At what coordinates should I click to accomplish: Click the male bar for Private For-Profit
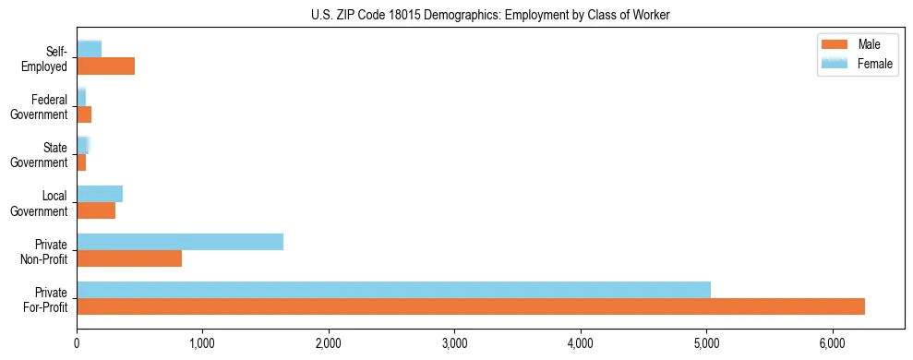point(471,306)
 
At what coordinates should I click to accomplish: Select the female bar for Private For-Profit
point(393,290)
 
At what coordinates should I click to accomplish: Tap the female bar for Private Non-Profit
point(180,242)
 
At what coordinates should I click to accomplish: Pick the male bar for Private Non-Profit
point(129,258)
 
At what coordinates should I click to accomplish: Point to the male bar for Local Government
point(96,210)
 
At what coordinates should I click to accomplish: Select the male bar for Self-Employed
point(105,66)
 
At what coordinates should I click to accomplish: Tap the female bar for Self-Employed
point(89,49)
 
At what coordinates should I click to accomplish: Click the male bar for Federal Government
point(84,114)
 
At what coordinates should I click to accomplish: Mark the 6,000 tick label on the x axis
point(832,343)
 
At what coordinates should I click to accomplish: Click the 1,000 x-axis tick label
point(202,343)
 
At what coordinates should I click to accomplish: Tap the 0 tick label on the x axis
point(77,343)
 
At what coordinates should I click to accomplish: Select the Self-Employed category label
point(45,58)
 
